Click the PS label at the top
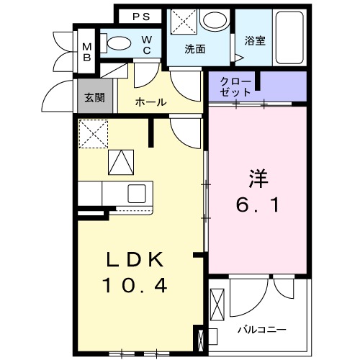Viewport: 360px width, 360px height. click(142, 15)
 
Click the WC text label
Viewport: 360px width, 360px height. click(146, 45)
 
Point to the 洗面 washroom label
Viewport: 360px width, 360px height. click(195, 50)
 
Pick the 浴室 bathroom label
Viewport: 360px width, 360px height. click(254, 41)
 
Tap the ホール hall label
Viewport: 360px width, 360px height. click(151, 102)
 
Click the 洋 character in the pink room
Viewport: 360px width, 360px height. click(259, 176)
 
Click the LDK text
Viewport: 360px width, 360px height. click(137, 259)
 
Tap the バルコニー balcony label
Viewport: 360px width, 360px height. click(263, 329)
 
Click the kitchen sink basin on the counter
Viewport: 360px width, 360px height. click(137, 193)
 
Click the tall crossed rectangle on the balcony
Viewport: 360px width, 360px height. click(218, 302)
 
